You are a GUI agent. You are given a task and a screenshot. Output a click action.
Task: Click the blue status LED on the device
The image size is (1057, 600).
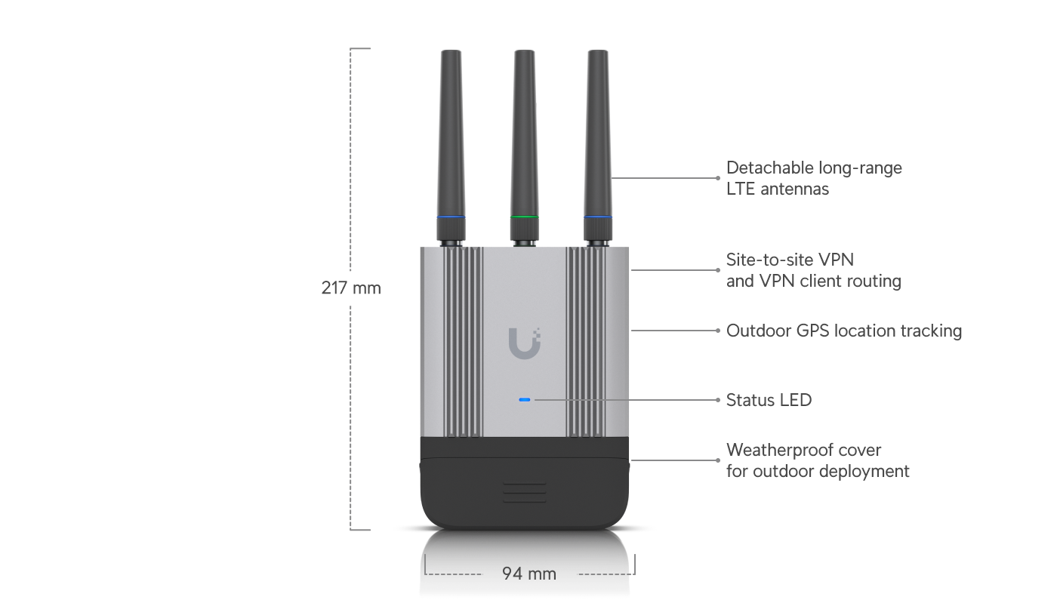tap(524, 399)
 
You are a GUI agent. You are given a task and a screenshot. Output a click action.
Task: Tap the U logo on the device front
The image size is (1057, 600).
tap(524, 343)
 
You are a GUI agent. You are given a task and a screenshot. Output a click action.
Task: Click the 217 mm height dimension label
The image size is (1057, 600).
tap(351, 288)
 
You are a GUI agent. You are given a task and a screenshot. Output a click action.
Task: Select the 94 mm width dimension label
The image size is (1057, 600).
tap(529, 574)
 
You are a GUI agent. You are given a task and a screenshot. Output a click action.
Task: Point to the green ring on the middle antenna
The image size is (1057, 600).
tap(524, 217)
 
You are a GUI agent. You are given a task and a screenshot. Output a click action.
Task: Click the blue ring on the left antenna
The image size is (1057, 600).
tap(451, 217)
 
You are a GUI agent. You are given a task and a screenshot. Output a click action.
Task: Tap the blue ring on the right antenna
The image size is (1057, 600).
tap(598, 217)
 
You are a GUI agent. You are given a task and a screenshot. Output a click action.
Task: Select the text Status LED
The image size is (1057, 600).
tap(769, 400)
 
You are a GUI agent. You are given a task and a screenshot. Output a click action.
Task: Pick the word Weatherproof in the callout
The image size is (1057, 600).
tap(781, 451)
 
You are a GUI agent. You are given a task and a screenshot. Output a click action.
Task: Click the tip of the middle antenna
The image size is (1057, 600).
tap(524, 51)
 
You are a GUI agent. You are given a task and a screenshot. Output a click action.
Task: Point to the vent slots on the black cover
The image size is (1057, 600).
tap(524, 492)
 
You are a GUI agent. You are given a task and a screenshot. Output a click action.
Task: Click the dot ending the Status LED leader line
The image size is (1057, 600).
tap(718, 400)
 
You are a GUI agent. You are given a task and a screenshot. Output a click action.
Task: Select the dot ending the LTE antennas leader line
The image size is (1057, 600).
tap(718, 178)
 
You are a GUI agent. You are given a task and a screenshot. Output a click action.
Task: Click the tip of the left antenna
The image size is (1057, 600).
tap(451, 51)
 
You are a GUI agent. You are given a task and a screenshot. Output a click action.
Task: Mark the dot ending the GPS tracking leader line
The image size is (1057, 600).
tap(718, 331)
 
